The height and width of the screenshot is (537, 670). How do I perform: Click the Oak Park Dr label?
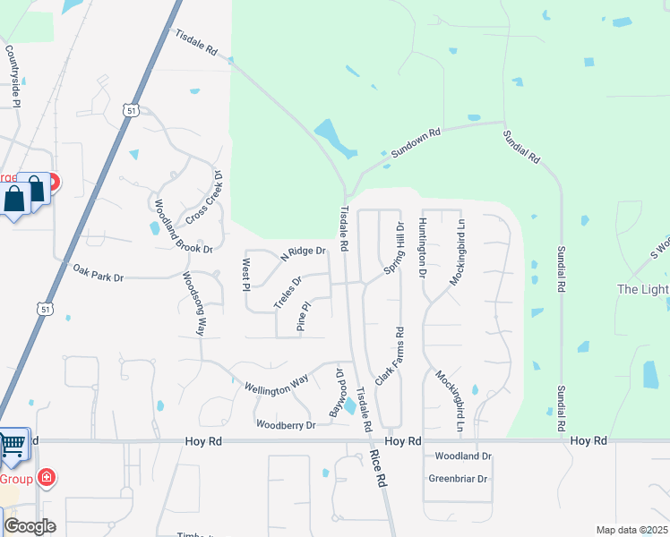tap(98, 273)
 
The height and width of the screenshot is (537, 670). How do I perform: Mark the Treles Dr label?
tap(288, 291)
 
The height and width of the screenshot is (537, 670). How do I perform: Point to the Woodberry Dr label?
tap(286, 424)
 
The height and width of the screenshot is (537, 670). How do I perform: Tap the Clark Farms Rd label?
tap(388, 357)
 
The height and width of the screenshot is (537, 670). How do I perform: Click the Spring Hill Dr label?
tap(394, 250)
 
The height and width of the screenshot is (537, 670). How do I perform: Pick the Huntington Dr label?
tap(421, 249)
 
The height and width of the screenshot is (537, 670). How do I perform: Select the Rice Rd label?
tap(378, 468)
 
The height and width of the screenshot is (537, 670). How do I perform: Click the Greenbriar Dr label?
tap(457, 479)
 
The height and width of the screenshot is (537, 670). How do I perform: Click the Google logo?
tap(30, 526)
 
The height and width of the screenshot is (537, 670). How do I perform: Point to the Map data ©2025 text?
tap(631, 530)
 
